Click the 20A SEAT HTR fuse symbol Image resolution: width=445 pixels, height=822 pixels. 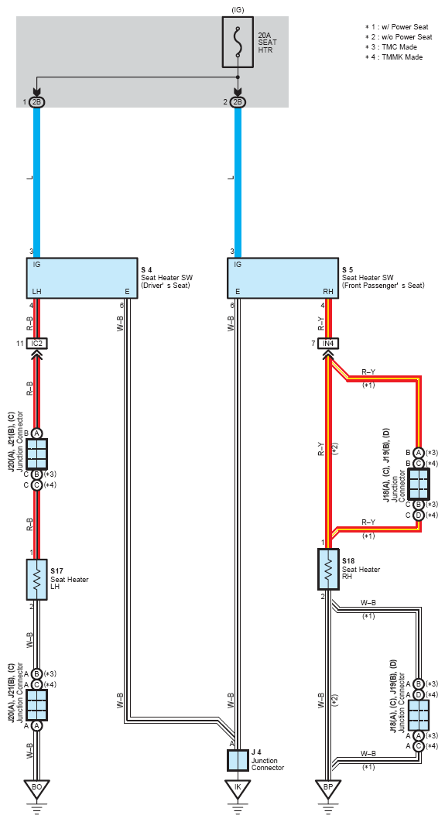tap(238, 42)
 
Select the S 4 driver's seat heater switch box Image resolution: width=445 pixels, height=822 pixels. tap(82, 278)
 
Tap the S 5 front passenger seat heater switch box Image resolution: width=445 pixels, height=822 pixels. tap(282, 278)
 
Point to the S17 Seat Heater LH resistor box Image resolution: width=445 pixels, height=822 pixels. tap(36, 579)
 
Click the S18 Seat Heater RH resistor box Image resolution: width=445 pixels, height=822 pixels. tap(329, 570)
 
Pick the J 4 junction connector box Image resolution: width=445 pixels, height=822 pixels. tap(238, 759)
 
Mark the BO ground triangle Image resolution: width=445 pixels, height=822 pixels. tap(36, 787)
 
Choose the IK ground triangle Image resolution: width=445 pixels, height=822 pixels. tap(238, 787)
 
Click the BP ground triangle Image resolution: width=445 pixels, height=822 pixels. tap(329, 787)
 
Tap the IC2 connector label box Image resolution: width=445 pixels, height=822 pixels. tap(36, 344)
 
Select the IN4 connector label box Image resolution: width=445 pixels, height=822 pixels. tap(329, 344)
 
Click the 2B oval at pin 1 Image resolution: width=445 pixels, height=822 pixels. tap(36, 102)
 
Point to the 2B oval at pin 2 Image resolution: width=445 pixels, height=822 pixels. tap(238, 102)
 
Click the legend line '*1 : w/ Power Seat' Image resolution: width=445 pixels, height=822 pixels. tap(397, 27)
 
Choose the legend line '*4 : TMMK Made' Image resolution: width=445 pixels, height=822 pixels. tap(394, 57)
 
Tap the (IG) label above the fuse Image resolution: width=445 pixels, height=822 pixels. tap(238, 9)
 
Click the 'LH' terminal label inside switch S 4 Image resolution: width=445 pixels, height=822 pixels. tap(36, 292)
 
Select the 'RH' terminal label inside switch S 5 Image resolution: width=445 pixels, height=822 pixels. tap(328, 292)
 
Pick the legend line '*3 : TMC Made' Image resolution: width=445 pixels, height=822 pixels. tap(392, 47)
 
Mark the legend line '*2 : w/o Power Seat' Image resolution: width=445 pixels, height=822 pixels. tap(399, 37)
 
